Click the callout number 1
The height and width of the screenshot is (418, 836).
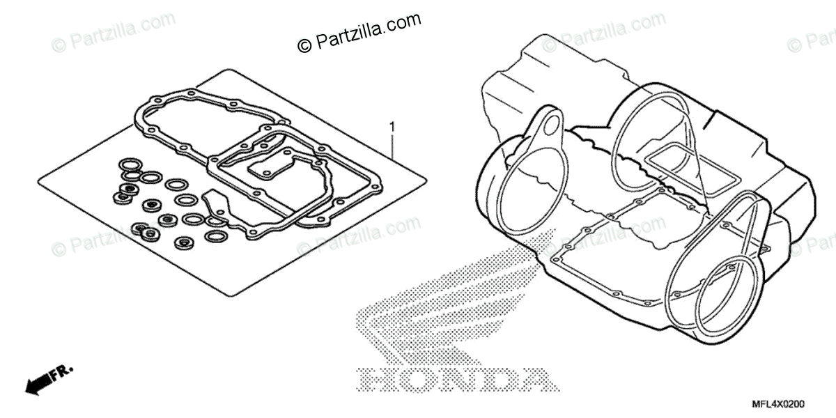click(x=393, y=127)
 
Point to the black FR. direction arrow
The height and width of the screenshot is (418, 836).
click(x=38, y=381)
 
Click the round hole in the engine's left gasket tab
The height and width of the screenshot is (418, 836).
click(x=551, y=125)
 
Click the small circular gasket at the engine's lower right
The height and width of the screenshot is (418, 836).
click(x=725, y=293)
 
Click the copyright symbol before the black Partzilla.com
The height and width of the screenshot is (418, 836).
click(x=304, y=45)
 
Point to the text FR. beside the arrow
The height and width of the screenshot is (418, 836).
click(x=64, y=370)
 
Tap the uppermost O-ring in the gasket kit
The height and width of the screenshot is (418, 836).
click(x=130, y=164)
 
